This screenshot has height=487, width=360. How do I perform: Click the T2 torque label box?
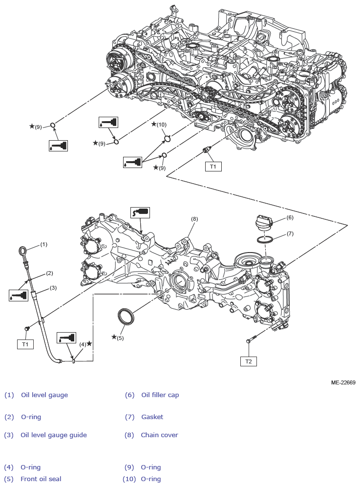tap(248, 361)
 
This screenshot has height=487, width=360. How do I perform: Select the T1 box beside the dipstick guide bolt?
tap(25, 344)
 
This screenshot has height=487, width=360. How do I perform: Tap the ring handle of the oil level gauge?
tap(23, 251)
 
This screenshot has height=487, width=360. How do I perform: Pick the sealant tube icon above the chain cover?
tap(140, 212)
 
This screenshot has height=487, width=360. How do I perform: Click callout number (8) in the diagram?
tap(194, 219)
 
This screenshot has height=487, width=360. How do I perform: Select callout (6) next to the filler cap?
tap(290, 217)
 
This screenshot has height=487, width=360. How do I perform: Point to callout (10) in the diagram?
tap(161, 125)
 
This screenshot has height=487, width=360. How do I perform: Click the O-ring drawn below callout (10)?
tap(167, 139)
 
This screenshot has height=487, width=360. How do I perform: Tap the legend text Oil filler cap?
tap(160, 395)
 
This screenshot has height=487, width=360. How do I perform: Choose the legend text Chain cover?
tap(159, 435)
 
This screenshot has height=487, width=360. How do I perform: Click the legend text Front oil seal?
tap(41, 479)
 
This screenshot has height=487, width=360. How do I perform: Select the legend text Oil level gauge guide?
tap(53, 435)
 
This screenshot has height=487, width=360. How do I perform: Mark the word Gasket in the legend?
tap(152, 417)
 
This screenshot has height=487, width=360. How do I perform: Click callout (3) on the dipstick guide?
tap(53, 288)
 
